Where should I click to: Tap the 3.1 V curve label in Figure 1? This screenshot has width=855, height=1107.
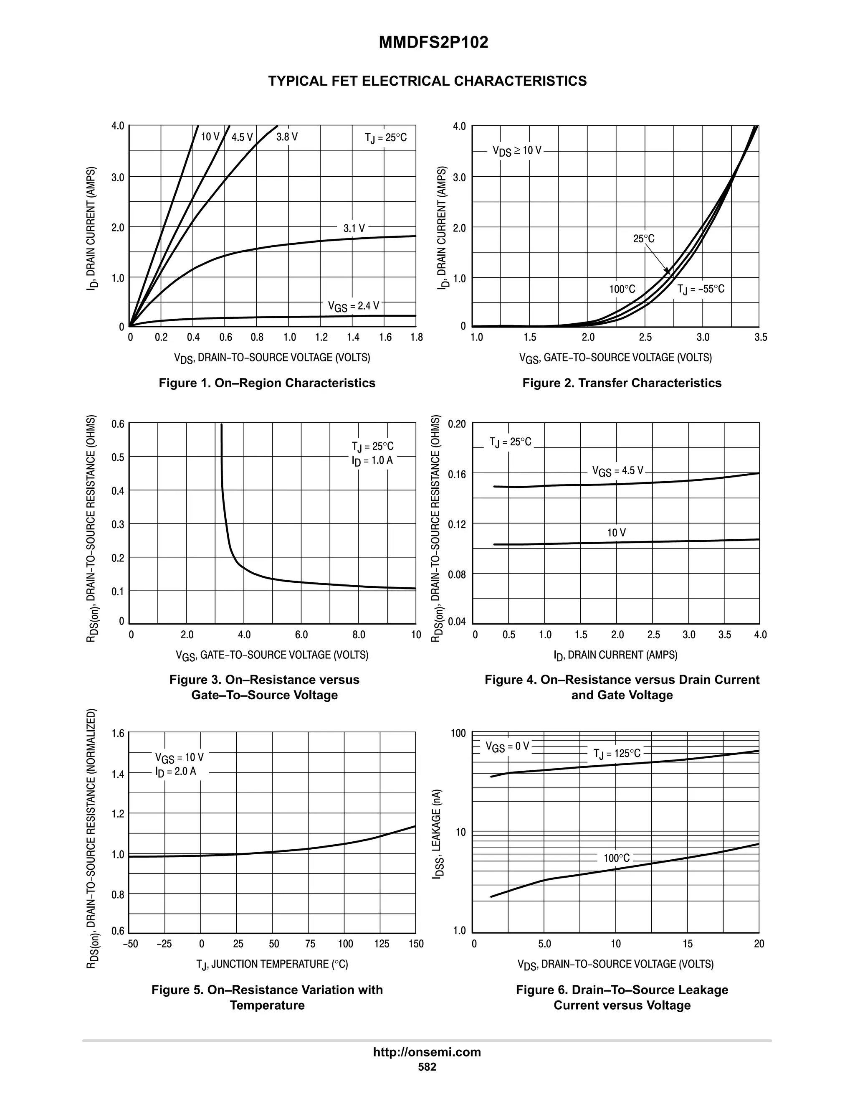click(354, 229)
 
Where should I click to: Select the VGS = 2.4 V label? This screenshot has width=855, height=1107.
click(353, 306)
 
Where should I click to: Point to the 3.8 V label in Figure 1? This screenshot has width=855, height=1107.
click(287, 137)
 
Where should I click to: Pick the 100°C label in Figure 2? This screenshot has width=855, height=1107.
click(622, 289)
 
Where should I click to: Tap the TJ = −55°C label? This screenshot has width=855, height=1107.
click(701, 289)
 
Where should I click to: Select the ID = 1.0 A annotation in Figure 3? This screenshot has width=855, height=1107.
click(372, 460)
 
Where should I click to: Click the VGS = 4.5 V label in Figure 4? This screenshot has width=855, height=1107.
click(617, 471)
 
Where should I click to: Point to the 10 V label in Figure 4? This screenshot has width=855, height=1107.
click(617, 533)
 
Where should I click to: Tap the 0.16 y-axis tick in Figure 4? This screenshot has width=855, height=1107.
click(456, 475)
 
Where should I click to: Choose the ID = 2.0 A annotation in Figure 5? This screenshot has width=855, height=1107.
click(176, 772)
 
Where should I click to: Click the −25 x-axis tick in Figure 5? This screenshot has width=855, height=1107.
click(164, 944)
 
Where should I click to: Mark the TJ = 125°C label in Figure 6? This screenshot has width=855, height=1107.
click(617, 753)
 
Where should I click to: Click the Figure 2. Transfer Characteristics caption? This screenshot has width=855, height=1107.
click(622, 383)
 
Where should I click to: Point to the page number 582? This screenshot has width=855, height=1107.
click(427, 1067)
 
